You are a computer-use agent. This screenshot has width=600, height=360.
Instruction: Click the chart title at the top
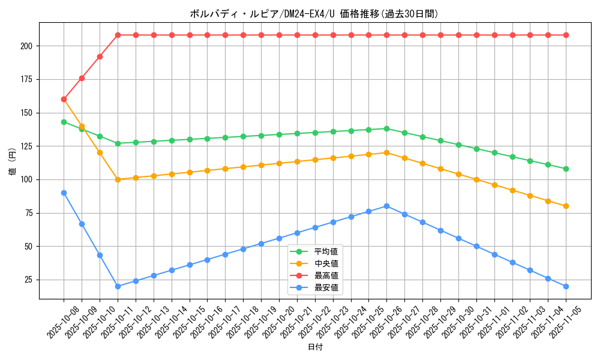click(314, 14)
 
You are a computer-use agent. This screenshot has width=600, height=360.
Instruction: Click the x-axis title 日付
click(315, 347)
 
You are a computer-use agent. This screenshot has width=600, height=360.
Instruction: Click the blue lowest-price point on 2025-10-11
click(118, 286)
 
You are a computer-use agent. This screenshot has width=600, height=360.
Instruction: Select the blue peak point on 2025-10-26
click(386, 206)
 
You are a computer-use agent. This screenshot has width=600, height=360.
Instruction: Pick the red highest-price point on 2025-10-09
click(82, 78)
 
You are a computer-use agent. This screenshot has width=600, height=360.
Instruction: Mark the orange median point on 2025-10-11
click(118, 179)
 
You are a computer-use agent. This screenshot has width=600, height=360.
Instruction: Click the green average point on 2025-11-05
click(566, 169)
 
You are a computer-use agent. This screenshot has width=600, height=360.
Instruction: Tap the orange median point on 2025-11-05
click(566, 206)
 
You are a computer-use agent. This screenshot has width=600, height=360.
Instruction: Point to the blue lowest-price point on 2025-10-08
click(64, 193)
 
